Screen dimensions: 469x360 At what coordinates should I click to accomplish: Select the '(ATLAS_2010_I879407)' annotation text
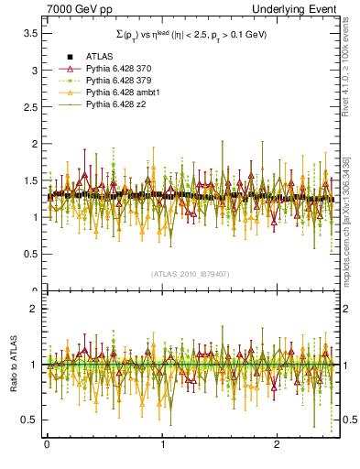190,273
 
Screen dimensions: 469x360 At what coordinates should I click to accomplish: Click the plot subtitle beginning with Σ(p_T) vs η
190,34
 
